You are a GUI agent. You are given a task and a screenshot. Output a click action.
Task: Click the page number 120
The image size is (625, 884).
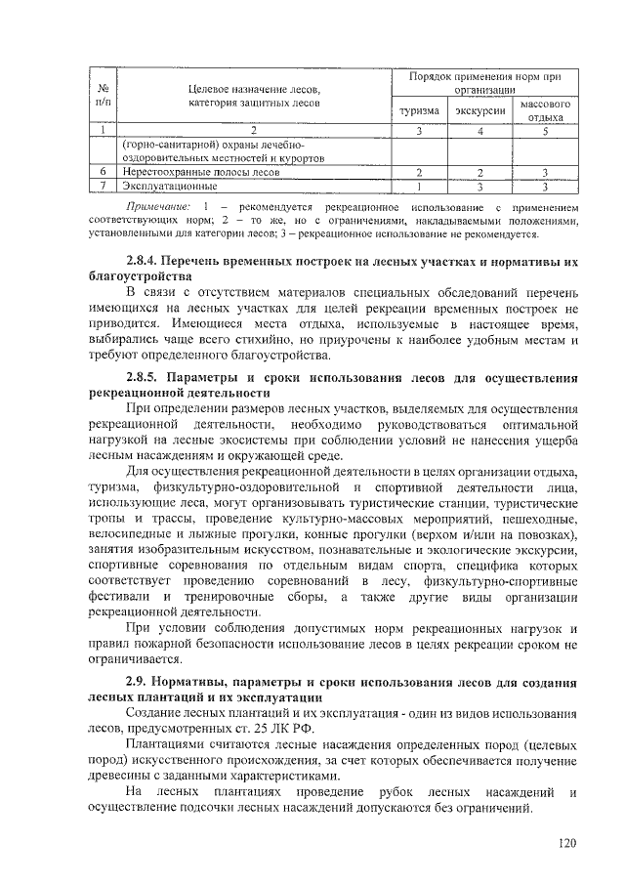(x=567, y=843)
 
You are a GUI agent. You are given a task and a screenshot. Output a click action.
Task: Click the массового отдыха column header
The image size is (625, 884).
(x=546, y=110)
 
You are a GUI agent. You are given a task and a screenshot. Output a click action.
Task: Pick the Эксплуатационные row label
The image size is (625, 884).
(x=170, y=185)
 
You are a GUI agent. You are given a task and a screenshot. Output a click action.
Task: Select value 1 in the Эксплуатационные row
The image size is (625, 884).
(x=418, y=185)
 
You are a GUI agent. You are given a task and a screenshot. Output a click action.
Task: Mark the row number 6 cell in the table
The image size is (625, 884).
(x=104, y=171)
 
